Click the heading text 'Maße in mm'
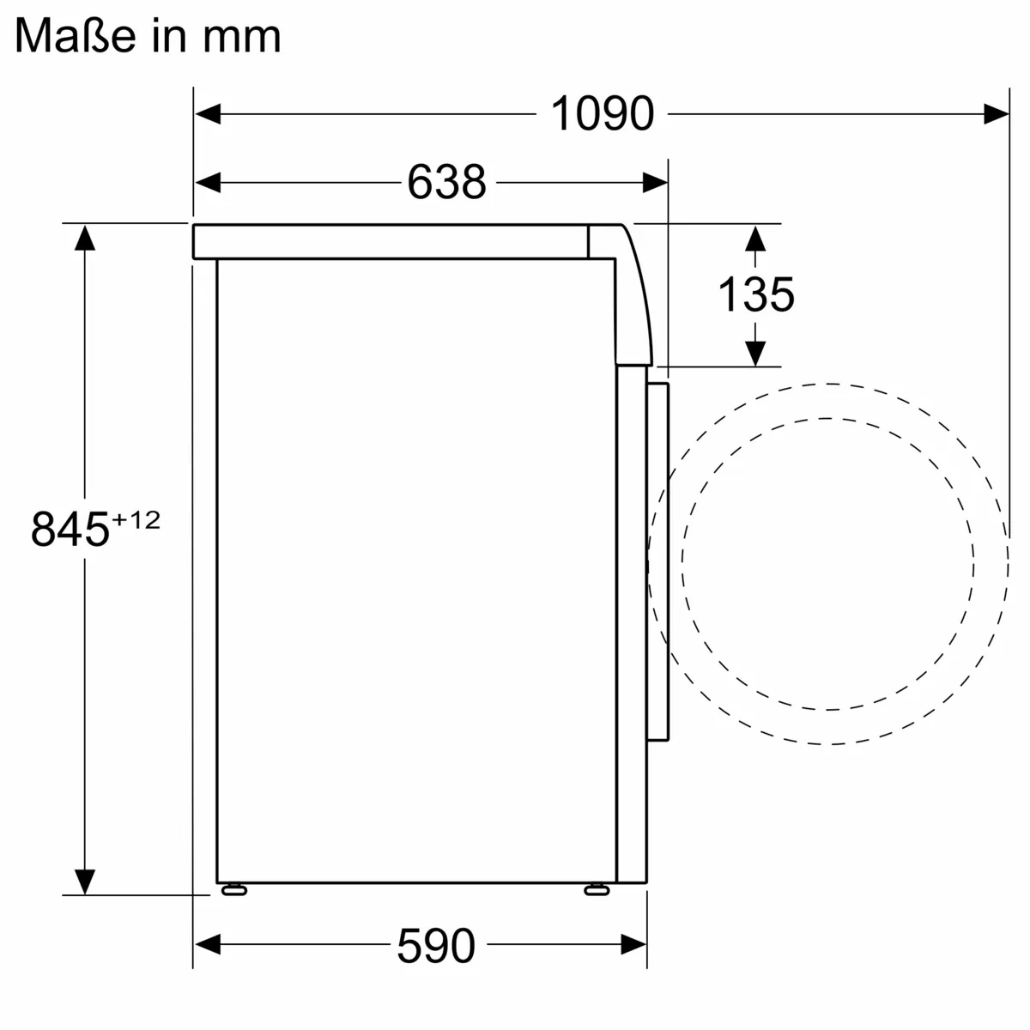pyautogui.click(x=148, y=36)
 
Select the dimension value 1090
pyautogui.click(x=603, y=113)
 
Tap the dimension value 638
pyautogui.click(x=446, y=182)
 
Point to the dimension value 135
pyautogui.click(x=755, y=294)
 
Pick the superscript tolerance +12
pyautogui.click(x=136, y=520)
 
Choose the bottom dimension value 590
pyautogui.click(x=435, y=946)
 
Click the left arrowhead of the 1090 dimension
pyautogui.click(x=208, y=113)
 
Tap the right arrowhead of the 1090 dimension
pyautogui.click(x=996, y=113)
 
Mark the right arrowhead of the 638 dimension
pyautogui.click(x=655, y=182)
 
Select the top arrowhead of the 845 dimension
pyautogui.click(x=84, y=237)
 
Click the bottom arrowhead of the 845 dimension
pyautogui.click(x=84, y=881)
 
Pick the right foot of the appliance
pyautogui.click(x=596, y=890)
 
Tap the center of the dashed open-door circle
pyautogui.click(x=828, y=563)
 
